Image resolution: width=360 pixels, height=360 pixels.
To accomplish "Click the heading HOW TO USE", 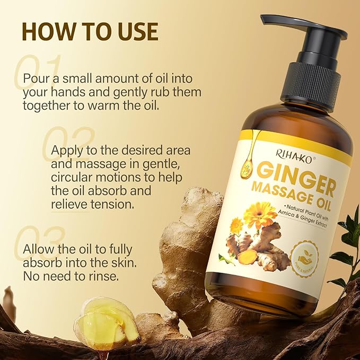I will pos(90,31).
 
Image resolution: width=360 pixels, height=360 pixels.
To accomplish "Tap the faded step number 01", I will pos(39,68).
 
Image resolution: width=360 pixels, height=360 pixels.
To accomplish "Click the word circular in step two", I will pos(74,177).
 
